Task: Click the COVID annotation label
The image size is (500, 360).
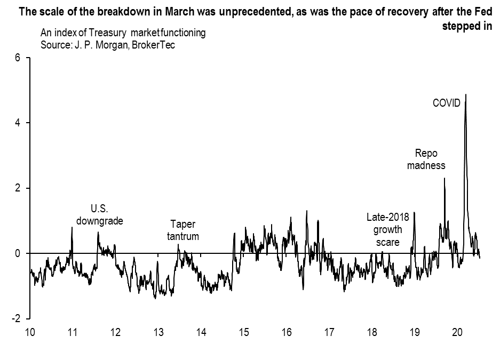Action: [446, 103]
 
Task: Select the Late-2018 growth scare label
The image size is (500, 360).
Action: [387, 229]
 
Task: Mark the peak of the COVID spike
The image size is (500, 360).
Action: [466, 94]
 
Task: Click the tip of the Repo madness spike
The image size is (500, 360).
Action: [445, 179]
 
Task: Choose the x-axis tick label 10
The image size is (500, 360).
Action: [30, 332]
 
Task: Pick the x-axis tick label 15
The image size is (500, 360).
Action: [244, 332]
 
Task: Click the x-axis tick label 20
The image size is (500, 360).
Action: [457, 332]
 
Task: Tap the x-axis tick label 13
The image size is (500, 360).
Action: [158, 332]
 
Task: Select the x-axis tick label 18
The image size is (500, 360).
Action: [372, 332]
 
